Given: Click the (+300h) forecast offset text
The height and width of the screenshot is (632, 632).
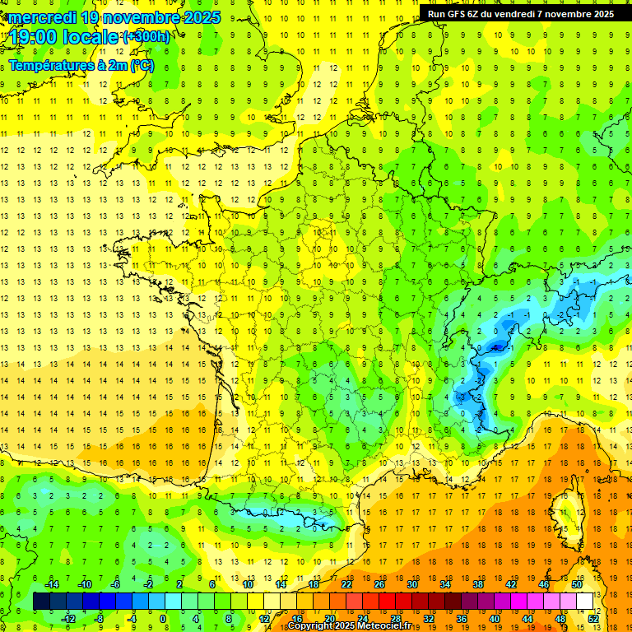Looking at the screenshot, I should point(146,37).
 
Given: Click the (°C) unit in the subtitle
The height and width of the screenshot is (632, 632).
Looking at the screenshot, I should point(142,65).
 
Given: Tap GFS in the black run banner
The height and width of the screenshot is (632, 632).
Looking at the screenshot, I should point(464,13).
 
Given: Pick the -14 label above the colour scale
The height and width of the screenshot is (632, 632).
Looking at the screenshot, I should point(51,583).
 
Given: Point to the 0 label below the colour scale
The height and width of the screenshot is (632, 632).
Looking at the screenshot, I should point(163,619).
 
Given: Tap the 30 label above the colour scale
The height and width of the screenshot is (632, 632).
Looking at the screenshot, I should point(411,583).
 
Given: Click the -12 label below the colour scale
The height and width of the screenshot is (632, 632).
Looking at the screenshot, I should point(69,619).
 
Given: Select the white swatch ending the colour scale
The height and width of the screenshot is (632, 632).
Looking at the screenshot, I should point(585,602).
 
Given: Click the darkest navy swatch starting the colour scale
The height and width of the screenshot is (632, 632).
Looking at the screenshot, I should point(41,602).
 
